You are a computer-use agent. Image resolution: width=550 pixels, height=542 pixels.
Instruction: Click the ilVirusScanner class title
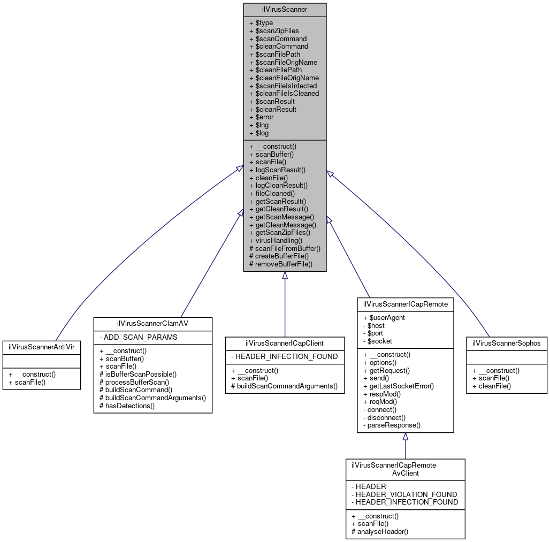(285, 9)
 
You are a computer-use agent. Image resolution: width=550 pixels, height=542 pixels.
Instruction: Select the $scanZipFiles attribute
(274, 31)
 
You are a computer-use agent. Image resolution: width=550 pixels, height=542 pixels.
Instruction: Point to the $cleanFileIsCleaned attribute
(284, 93)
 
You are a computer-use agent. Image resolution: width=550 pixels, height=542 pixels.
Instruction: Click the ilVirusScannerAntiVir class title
(41, 347)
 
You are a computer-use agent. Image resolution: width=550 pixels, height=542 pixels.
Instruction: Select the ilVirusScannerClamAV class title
(152, 323)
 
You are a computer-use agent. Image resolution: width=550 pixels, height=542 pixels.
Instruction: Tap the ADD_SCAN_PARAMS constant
(138, 338)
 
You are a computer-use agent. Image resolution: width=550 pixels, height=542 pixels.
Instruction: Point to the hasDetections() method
(127, 406)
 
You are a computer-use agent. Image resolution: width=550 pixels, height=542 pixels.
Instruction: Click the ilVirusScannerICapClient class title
(285, 342)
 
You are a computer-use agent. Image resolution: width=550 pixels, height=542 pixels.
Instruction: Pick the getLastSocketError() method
(398, 386)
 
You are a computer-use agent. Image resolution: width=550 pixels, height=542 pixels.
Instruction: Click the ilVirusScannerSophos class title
(506, 342)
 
